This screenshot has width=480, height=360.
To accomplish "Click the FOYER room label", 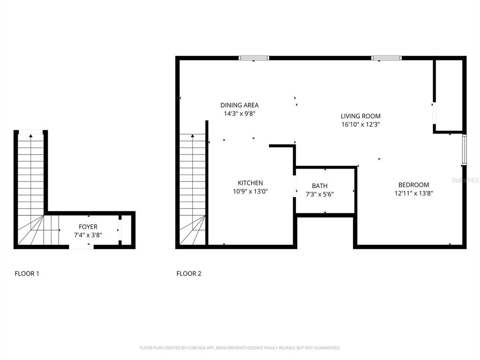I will [88, 227].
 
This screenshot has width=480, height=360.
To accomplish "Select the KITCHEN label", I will [250, 183].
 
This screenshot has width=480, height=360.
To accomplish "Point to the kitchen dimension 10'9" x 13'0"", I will [250, 191].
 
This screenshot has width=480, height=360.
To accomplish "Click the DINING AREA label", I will [240, 105].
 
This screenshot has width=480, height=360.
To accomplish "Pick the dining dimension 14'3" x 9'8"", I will [240, 113].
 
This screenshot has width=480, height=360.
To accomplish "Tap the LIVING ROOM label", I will [360, 116].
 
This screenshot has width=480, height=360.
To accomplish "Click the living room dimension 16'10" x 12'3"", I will [360, 125].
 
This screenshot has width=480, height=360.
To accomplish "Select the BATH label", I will [320, 186].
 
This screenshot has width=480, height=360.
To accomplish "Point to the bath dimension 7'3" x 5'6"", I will [320, 194].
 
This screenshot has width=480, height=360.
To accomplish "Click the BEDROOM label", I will [413, 185].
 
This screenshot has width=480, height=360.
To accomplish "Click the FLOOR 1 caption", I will [27, 274].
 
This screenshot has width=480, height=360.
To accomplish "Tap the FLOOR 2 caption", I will [189, 274].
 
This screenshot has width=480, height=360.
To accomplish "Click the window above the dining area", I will [254, 58].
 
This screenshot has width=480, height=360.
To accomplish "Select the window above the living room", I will [387, 58].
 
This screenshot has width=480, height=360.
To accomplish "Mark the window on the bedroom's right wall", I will [464, 150].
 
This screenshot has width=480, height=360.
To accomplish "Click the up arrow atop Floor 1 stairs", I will [31, 136].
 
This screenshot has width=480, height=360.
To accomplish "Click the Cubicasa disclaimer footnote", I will [240, 348].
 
